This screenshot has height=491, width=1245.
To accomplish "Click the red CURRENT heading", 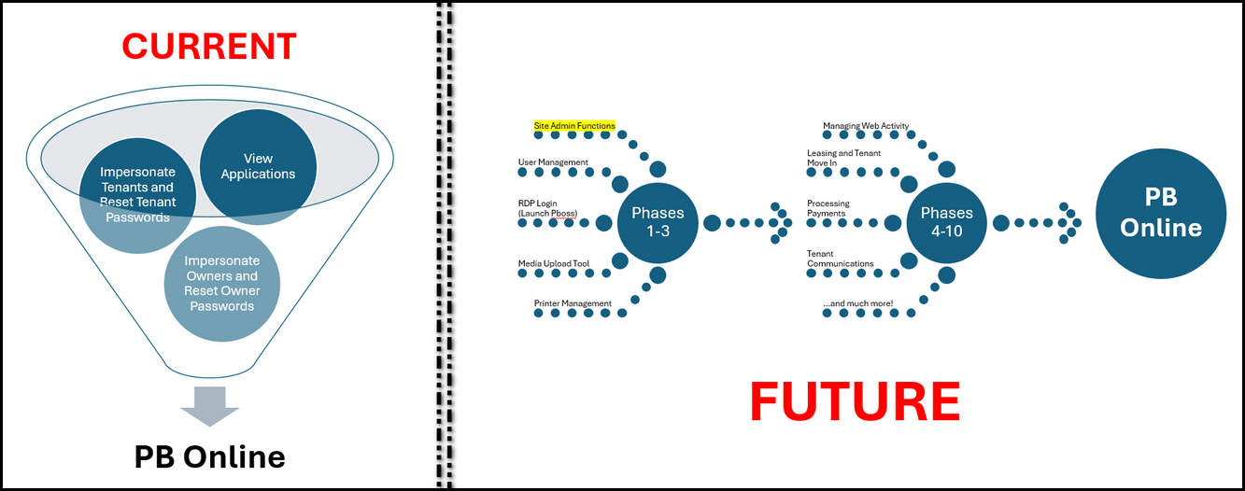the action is [209, 46].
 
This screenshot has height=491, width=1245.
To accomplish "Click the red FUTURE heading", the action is [854, 401].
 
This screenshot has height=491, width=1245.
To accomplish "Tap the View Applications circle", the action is [259, 165].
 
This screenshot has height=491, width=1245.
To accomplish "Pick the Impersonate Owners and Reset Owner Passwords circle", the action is [221, 283].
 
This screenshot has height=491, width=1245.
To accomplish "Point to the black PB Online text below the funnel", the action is [209, 456].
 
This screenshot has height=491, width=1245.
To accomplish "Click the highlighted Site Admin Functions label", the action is [574, 125].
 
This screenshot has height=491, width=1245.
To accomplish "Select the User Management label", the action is [553, 162].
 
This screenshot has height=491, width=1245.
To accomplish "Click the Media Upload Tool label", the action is [554, 264].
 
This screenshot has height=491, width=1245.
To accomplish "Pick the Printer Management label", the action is [573, 303].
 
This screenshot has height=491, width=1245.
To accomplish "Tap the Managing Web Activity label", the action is [865, 125].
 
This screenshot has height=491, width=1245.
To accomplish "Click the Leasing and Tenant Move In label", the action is [843, 158].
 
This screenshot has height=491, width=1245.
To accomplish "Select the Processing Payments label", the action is [828, 208].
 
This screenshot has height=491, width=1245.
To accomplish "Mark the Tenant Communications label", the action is [840, 259].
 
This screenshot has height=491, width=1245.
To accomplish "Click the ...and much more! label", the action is [857, 303].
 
